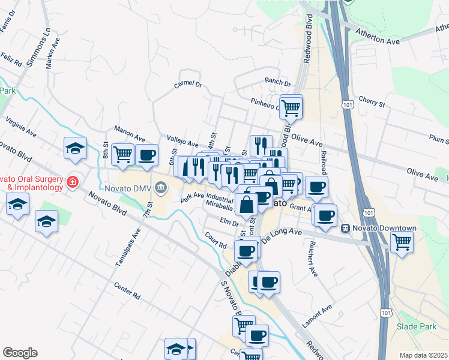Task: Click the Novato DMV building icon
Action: pos(160,189)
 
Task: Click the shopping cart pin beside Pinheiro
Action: pos(291,107)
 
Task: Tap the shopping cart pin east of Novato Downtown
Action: pos(402,242)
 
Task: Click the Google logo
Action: pos(20,353)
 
